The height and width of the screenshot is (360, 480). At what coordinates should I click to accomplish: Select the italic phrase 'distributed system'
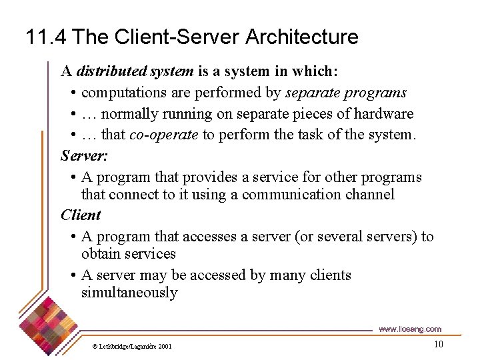click(x=135, y=71)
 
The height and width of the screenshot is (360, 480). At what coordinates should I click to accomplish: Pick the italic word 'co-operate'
click(x=163, y=135)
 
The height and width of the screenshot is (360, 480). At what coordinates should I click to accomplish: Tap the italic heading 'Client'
click(x=80, y=215)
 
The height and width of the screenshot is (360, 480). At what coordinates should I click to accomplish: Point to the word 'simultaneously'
click(x=129, y=293)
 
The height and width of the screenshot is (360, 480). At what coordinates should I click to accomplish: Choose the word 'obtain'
click(x=101, y=254)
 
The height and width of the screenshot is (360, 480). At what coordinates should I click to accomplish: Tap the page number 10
click(x=438, y=344)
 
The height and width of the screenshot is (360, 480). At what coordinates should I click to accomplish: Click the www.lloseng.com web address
click(x=409, y=329)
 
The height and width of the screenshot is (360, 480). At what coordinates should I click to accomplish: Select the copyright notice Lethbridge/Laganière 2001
click(x=132, y=346)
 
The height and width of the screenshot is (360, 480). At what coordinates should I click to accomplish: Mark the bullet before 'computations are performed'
click(x=72, y=93)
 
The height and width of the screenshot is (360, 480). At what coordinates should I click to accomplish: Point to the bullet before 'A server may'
click(x=72, y=276)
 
